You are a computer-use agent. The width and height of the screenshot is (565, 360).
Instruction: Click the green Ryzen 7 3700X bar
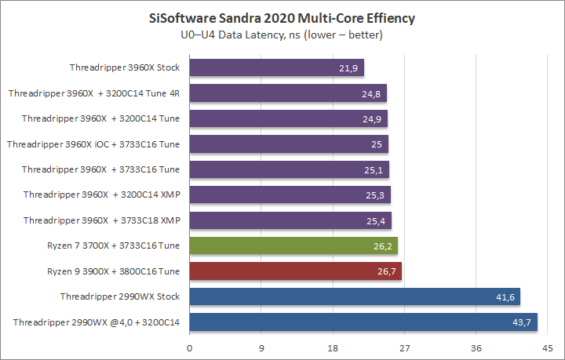(293, 245)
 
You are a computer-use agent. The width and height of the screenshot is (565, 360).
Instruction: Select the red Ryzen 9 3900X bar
(295, 271)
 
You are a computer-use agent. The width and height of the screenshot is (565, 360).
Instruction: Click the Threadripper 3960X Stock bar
(276, 68)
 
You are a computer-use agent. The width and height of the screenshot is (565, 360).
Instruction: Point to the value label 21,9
(348, 69)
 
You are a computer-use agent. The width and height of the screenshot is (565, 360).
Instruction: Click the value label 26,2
(382, 246)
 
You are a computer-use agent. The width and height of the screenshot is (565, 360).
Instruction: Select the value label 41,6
(505, 297)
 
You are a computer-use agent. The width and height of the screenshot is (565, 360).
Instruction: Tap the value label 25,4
(376, 221)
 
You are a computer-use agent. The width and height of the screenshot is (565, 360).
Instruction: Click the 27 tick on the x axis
(404, 347)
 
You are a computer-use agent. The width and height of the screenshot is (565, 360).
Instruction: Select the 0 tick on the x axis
(189, 347)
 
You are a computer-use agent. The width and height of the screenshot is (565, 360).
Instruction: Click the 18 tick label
(333, 347)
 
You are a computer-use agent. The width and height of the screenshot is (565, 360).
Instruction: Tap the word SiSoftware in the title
(184, 17)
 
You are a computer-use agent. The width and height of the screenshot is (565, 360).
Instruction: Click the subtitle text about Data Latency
(282, 35)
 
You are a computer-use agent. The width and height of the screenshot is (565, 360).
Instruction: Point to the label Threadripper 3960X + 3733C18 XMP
(101, 220)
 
